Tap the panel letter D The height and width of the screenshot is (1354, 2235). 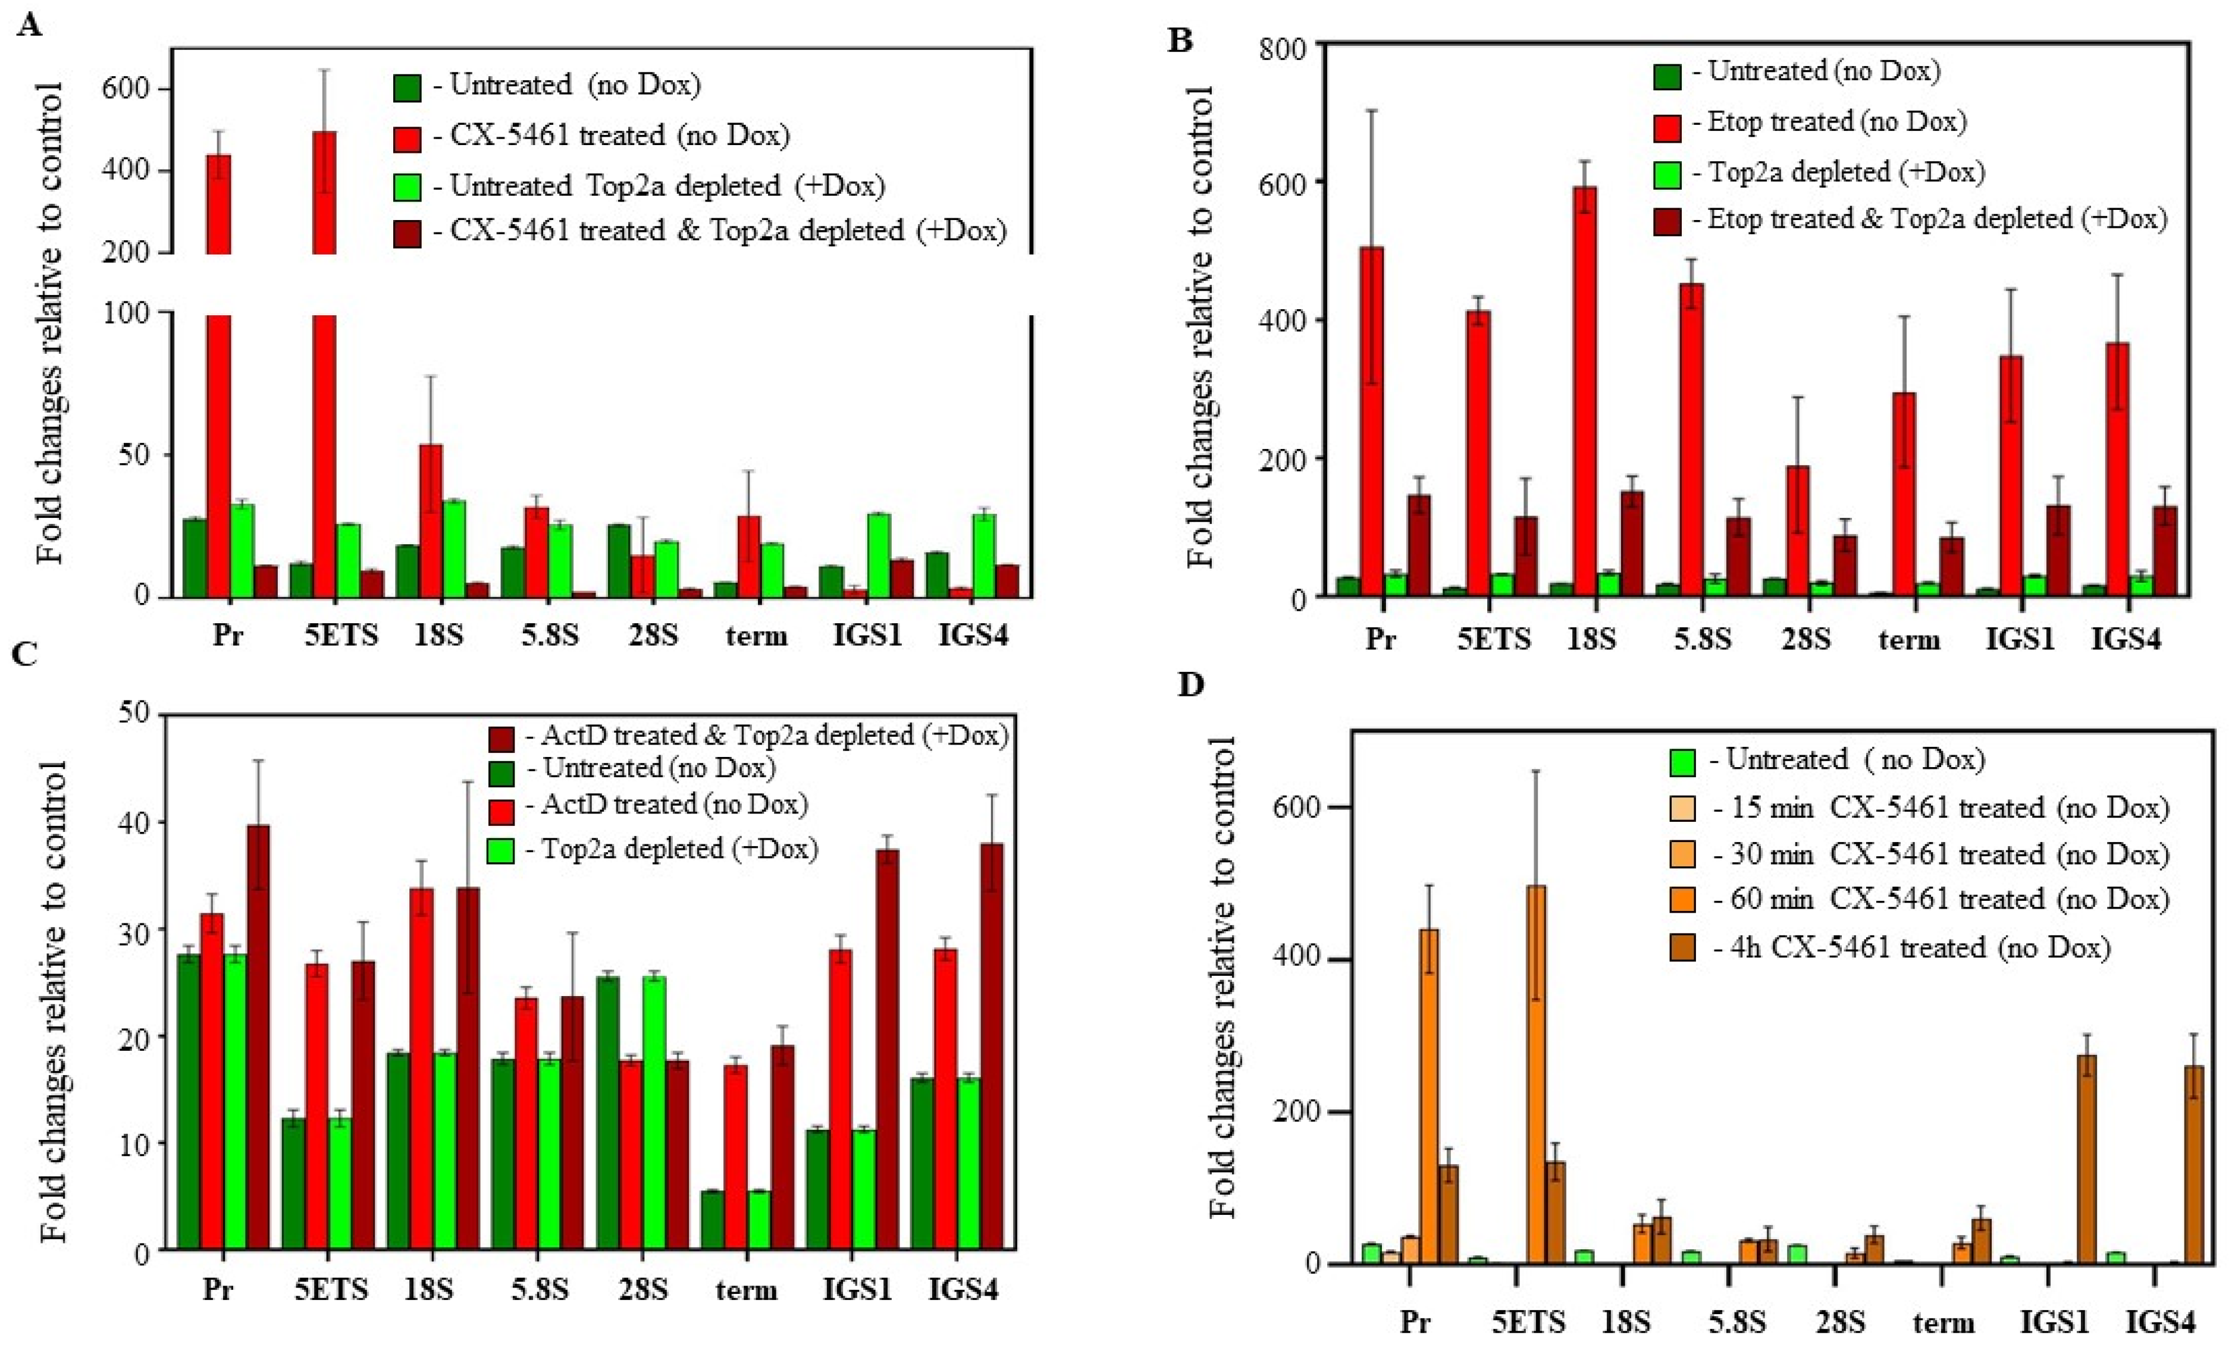pyautogui.click(x=1190, y=684)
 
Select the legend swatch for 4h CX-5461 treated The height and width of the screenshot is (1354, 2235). pyautogui.click(x=1682, y=948)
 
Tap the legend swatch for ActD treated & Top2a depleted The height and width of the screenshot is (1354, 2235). pyautogui.click(x=501, y=738)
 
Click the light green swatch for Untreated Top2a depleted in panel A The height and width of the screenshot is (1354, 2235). pyautogui.click(x=406, y=187)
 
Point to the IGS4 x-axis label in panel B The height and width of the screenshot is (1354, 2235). pyautogui.click(x=2126, y=639)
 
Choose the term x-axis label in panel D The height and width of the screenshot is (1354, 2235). pyautogui.click(x=1943, y=1322)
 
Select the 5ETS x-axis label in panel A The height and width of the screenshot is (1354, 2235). pyautogui.click(x=340, y=635)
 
